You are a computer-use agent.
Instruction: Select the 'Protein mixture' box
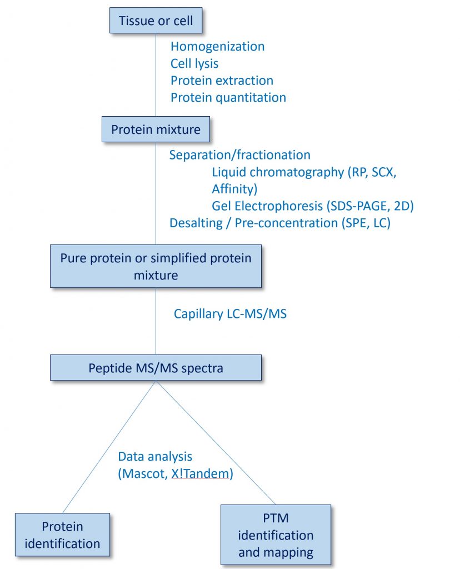[156, 130]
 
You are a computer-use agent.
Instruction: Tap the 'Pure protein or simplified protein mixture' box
[156, 267]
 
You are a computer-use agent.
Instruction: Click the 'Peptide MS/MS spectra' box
[156, 368]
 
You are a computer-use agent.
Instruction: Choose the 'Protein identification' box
[63, 535]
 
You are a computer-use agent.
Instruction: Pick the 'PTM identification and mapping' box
[276, 535]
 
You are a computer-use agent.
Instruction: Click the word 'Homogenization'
[217, 47]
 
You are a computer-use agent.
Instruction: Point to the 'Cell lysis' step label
[194, 63]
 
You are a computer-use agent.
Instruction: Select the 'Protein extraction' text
[222, 81]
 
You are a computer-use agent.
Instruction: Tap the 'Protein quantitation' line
[228, 98]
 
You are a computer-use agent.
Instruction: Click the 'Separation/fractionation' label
[239, 154]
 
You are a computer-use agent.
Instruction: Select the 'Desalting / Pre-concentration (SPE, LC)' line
[280, 223]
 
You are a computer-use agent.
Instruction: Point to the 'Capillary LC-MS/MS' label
[230, 314]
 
